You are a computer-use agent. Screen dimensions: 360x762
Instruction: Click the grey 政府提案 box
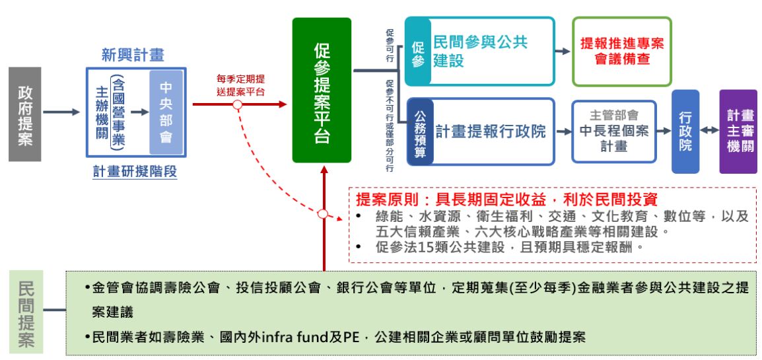[x=25, y=114]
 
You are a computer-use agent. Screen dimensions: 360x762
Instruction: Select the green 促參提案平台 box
[x=322, y=90]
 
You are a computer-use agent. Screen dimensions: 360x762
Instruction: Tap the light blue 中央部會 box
[x=166, y=113]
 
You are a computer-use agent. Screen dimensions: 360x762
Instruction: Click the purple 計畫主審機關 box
[x=738, y=132]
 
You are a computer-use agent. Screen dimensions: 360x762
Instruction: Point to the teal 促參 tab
[x=417, y=52]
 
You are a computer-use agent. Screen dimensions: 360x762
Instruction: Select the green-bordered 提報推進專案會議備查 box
[x=621, y=52]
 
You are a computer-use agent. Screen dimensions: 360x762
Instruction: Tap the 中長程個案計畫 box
[x=614, y=132]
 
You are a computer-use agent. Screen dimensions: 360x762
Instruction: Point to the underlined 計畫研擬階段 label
[x=135, y=172]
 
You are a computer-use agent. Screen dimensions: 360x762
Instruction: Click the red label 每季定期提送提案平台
[x=240, y=87]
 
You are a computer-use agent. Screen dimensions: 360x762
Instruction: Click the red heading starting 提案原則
[x=506, y=199]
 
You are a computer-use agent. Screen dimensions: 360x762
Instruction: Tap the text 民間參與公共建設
[x=480, y=52]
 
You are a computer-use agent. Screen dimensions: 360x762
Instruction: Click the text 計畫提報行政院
[x=491, y=132]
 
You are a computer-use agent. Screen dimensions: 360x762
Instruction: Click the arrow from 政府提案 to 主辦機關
[x=61, y=113]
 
